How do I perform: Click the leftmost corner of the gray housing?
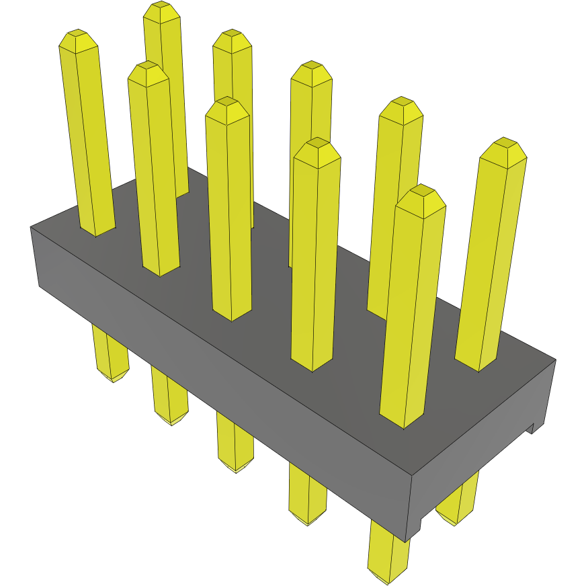pos(32,228)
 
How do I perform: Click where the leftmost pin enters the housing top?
pos(96,232)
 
